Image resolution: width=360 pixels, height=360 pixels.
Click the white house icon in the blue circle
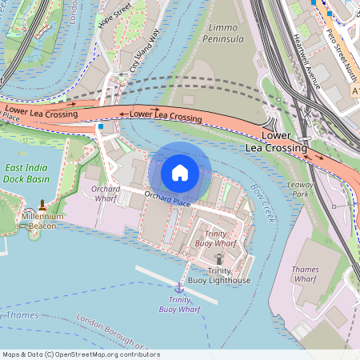[x=180, y=172]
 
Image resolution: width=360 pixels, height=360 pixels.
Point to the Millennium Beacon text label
[x=42, y=221]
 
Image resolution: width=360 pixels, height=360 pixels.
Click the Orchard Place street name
[x=167, y=199]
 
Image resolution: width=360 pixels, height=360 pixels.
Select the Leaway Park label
[x=301, y=190]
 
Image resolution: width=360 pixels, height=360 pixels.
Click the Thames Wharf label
[x=306, y=274]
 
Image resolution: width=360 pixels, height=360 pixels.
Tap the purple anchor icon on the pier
[x=179, y=286]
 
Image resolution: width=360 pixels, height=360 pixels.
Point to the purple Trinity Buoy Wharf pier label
[x=179, y=304]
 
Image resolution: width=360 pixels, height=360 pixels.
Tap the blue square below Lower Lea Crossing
[x=101, y=126]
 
